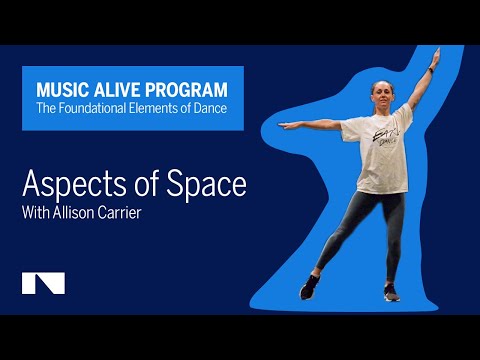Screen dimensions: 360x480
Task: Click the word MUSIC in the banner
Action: click(58, 89)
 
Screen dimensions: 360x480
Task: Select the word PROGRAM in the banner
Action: click(187, 89)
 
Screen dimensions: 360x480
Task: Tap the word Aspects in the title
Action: click(70, 186)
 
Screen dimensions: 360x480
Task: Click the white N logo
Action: click(43, 283)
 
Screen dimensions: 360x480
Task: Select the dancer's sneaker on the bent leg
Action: click(311, 292)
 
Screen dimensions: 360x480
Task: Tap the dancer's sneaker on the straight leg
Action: click(392, 293)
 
